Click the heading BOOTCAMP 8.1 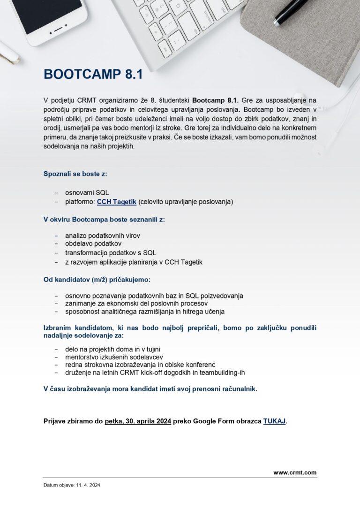(x=93, y=75)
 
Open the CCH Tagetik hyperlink (x=116, y=202)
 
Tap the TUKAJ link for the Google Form (x=274, y=421)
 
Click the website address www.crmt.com (x=295, y=472)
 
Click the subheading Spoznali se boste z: (x=75, y=174)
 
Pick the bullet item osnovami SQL (x=87, y=192)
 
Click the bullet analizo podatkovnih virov (x=103, y=235)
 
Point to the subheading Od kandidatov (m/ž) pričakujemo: (x=97, y=280)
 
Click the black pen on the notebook (x=291, y=12)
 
